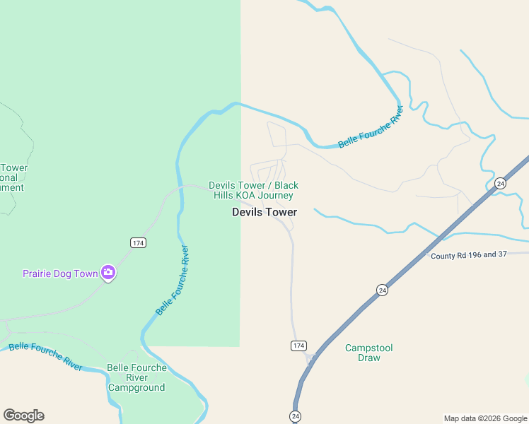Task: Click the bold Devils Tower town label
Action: click(x=264, y=212)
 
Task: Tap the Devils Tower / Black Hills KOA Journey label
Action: click(x=253, y=190)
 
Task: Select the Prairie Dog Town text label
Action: click(x=59, y=273)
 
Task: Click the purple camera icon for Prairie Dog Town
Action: click(x=108, y=272)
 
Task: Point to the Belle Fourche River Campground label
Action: click(x=136, y=377)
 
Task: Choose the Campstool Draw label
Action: click(x=368, y=353)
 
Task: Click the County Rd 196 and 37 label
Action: click(x=469, y=254)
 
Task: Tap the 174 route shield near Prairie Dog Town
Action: click(x=138, y=242)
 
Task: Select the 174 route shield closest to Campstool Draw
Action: click(x=298, y=345)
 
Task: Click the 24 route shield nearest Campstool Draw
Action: click(x=382, y=290)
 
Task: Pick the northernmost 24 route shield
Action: click(x=500, y=183)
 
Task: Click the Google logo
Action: click(x=23, y=416)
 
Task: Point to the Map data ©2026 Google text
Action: click(x=485, y=418)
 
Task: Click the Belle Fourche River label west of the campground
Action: click(x=45, y=355)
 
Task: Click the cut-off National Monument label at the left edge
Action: click(x=13, y=177)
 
